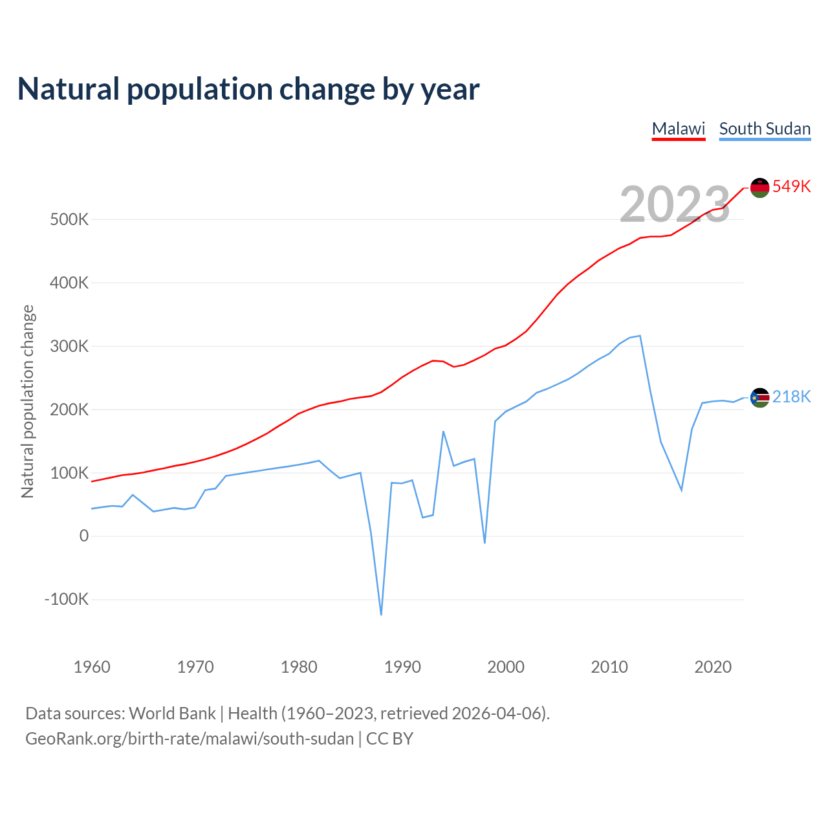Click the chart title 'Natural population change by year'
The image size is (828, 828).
pos(248,89)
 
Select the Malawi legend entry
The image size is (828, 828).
pos(678,129)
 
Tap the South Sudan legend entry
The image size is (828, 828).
pos(765,129)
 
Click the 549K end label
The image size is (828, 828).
pos(791,186)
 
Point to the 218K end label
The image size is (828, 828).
pos(791,397)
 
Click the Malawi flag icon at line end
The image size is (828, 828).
pos(759,188)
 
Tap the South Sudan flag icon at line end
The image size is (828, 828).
pos(759,397)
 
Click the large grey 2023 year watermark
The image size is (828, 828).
pos(675,204)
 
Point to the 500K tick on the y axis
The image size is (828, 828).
pos(69,219)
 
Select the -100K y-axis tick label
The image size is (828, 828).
pos(67,599)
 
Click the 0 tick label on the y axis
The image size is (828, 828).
pos(84,536)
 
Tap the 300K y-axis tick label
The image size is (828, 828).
pos(69,346)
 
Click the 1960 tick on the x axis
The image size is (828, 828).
pos(92,667)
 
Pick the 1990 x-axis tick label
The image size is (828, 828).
pos(402,667)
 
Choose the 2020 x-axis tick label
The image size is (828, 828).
pos(713,667)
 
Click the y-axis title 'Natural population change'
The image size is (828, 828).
pos(28,402)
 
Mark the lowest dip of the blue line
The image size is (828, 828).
pos(381,615)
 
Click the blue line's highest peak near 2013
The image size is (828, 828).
pos(640,336)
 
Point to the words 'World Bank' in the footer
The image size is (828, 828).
pos(172,714)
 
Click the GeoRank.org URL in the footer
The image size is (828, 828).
pos(190,739)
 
